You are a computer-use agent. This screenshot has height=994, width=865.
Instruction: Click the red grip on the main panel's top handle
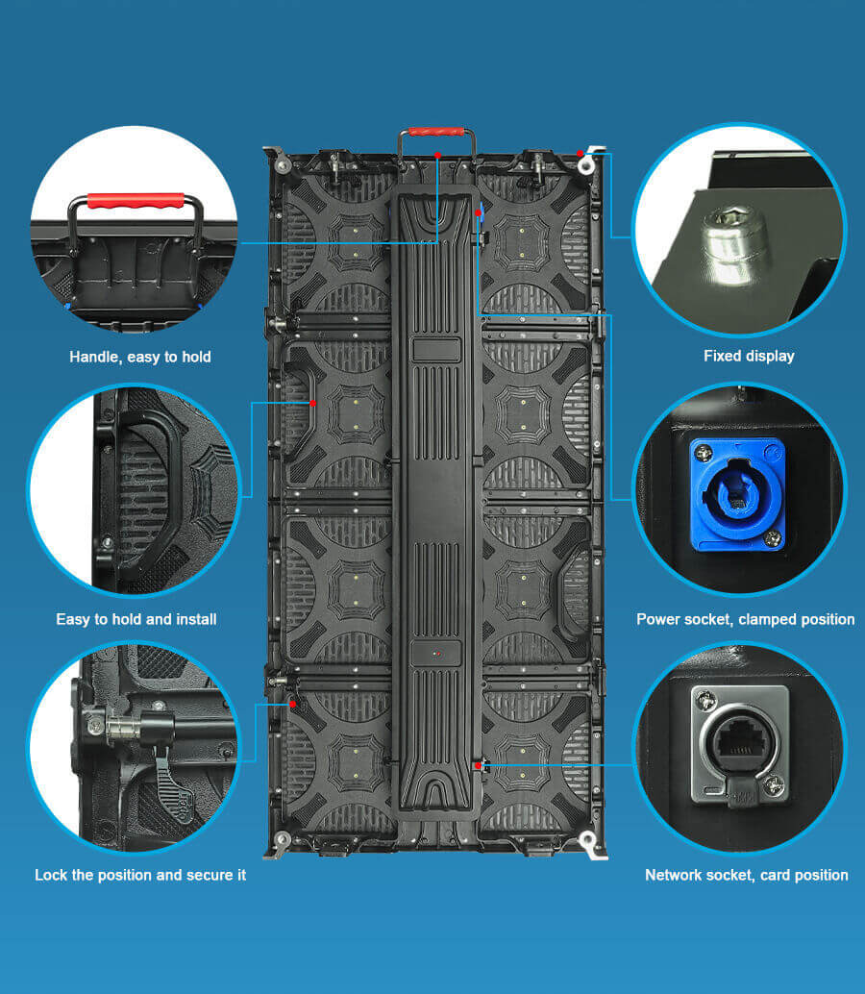(x=437, y=132)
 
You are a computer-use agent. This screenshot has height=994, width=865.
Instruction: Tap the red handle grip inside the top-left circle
(x=136, y=201)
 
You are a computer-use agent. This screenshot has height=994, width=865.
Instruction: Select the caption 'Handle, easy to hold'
(x=140, y=357)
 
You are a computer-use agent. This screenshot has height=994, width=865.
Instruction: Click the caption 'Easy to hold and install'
(x=136, y=619)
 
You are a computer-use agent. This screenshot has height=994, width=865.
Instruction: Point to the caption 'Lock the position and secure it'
(x=140, y=875)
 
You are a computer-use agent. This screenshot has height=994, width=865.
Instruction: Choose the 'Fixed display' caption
(x=749, y=356)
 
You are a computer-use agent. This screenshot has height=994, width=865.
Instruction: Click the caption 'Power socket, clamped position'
(x=745, y=619)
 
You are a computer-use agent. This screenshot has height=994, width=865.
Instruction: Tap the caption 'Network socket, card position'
(x=746, y=875)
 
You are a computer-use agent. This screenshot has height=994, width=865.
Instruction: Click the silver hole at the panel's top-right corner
(x=585, y=167)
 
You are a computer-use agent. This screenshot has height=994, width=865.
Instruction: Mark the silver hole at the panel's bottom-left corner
(x=282, y=841)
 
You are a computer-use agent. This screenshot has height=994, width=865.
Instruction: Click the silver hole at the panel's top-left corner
(x=282, y=166)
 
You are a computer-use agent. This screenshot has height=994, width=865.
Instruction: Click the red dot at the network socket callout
(x=478, y=765)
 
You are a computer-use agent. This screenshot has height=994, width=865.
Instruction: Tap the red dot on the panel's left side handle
(x=313, y=403)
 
